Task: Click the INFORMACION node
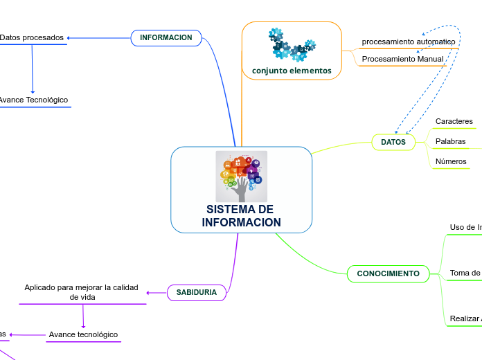pos(166,37)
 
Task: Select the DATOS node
pos(393,142)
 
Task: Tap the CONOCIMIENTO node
pos(388,273)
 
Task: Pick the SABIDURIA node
pos(197,293)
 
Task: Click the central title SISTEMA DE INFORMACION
pos(241,216)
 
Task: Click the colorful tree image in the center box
pos(241,176)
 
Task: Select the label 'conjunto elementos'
pos(292,71)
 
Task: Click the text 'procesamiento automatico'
pos(409,42)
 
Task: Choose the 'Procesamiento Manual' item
pos(402,60)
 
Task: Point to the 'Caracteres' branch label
pos(454,122)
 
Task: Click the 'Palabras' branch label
pos(450,142)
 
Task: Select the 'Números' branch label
pos(451,162)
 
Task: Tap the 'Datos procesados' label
pos(32,37)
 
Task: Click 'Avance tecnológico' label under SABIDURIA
pos(83,334)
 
